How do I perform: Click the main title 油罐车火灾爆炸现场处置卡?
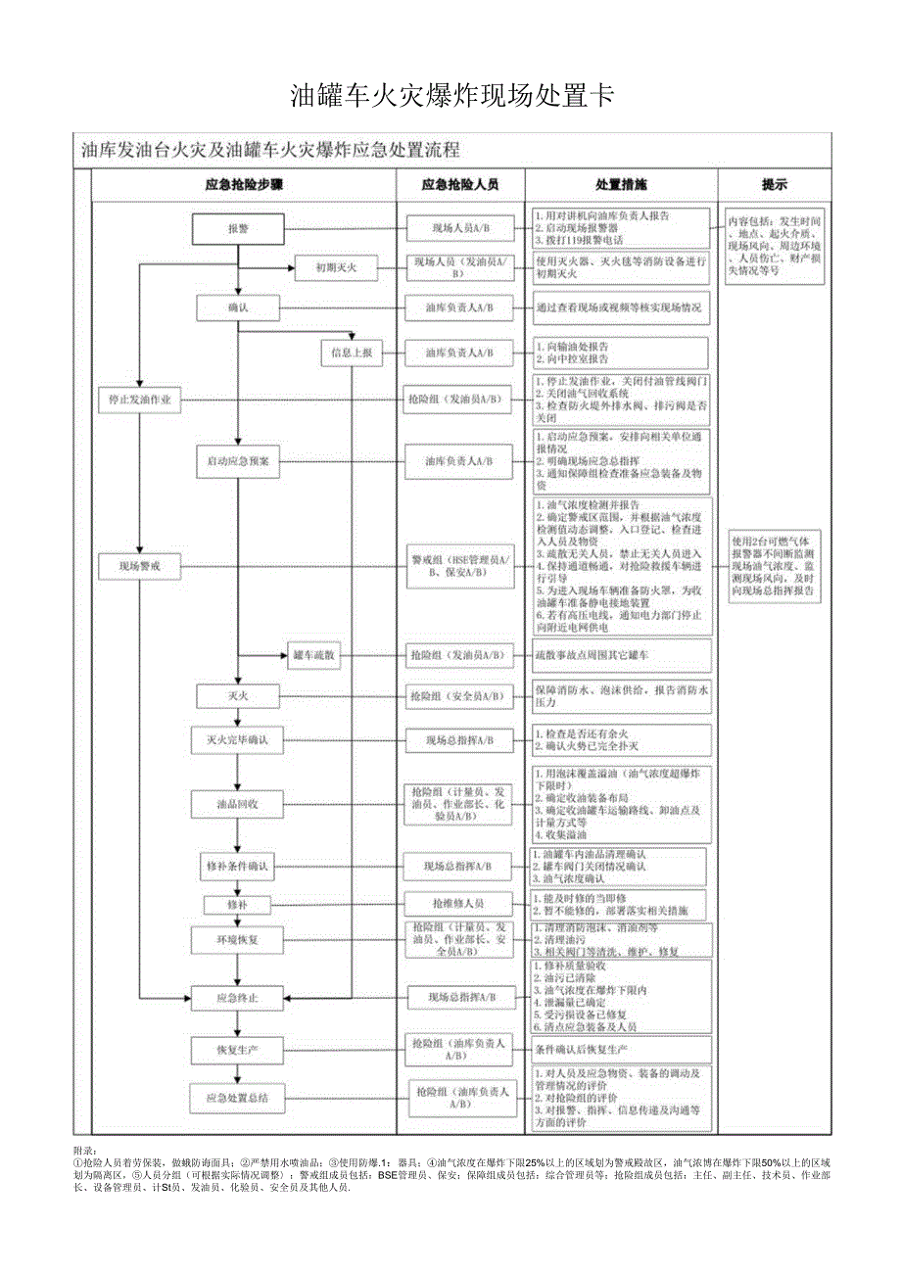(451, 96)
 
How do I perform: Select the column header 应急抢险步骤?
(244, 184)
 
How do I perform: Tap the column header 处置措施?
(621, 184)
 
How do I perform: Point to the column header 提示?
(775, 184)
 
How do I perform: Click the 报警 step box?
(238, 229)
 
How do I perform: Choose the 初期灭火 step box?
(336, 267)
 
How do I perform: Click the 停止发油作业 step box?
(141, 400)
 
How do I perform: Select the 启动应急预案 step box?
(238, 460)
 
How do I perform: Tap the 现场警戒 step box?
(141, 565)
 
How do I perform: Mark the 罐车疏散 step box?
(314, 655)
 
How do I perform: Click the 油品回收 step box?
(238, 803)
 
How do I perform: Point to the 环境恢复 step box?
(238, 938)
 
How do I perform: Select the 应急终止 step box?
(238, 998)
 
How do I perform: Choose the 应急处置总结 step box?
(238, 1099)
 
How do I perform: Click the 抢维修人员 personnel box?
(458, 903)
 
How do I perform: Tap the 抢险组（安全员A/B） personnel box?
(458, 696)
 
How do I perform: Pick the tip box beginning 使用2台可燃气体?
(775, 566)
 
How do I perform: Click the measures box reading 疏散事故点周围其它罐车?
(620, 655)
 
